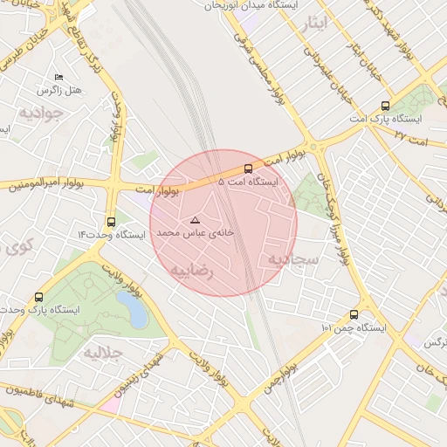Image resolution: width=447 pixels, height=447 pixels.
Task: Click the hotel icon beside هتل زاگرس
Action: (x=58, y=78)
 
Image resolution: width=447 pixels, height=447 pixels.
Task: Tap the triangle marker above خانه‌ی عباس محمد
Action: (x=195, y=220)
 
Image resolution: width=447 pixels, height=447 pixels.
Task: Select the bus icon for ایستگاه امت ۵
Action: (x=248, y=168)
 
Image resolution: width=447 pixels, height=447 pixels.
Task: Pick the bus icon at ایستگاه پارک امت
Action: (x=386, y=105)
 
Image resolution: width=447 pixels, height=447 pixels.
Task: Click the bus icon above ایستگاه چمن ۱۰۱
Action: (x=354, y=314)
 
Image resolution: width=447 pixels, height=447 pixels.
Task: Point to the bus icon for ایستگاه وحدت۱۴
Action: (x=111, y=222)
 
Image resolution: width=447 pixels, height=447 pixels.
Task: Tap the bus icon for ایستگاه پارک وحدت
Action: (x=38, y=297)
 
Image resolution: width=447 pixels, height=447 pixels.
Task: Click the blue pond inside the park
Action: (x=133, y=307)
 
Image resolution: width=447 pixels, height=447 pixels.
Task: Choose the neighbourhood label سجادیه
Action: (x=289, y=260)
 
